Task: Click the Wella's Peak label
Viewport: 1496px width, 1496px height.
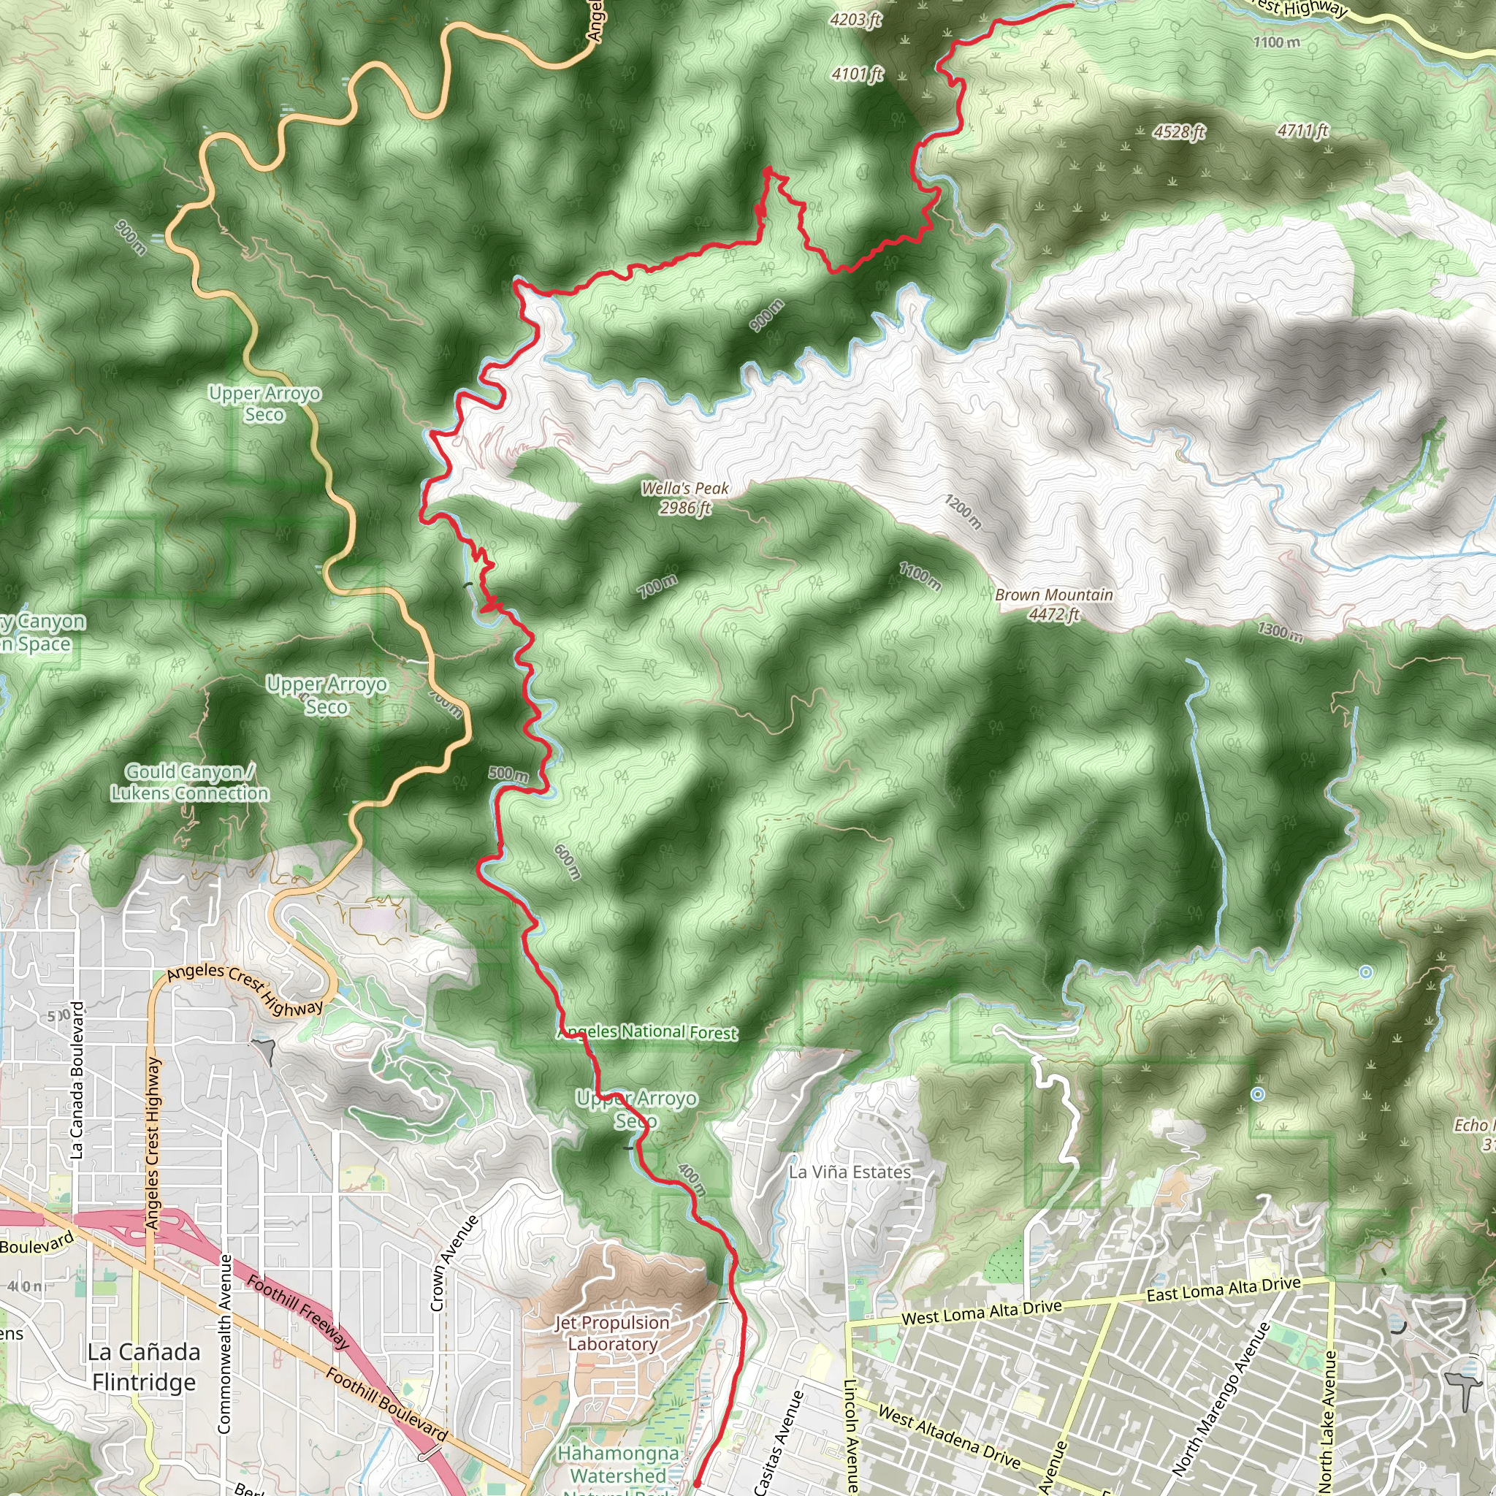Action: coord(685,498)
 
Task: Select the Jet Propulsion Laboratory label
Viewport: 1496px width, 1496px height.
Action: coord(611,1332)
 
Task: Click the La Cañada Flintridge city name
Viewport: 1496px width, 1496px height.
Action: coord(144,1367)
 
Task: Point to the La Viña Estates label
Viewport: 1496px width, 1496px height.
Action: coord(850,1172)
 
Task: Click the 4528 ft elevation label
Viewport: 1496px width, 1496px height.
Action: coord(1178,131)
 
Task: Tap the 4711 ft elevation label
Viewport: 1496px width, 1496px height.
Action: coord(1302,130)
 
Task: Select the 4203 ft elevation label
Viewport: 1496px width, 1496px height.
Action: coord(855,20)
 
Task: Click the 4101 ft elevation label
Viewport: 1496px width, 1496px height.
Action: coord(857,75)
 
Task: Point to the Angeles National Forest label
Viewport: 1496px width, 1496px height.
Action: coord(647,1032)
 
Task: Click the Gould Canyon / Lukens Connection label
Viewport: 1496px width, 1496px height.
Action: coord(190,783)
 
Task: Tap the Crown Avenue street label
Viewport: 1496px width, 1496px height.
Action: coord(454,1264)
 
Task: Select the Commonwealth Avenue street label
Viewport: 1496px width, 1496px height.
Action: coord(224,1343)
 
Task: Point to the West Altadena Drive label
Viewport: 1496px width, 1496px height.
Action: coord(950,1437)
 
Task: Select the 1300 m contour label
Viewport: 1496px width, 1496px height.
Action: coord(1280,632)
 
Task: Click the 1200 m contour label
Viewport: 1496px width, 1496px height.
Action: coord(963,512)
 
